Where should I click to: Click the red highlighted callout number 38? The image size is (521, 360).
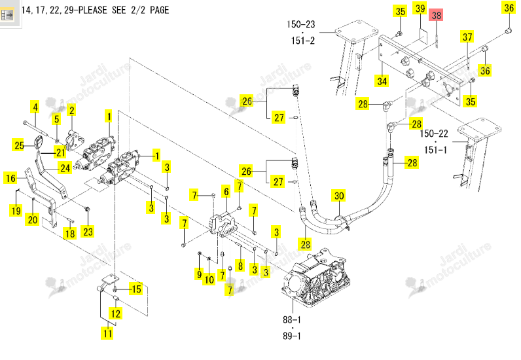pyautogui.click(x=437, y=15)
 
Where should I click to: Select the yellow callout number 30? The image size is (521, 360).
pyautogui.click(x=339, y=196)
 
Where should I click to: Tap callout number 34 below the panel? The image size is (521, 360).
pyautogui.click(x=382, y=81)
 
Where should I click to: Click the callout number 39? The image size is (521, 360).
pyautogui.click(x=420, y=9)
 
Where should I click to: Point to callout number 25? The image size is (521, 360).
pyautogui.click(x=19, y=145)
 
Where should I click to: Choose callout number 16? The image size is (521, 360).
pyautogui.click(x=10, y=178)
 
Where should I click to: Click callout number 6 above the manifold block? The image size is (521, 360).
pyautogui.click(x=226, y=192)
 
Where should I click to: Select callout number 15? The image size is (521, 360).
pyautogui.click(x=137, y=289)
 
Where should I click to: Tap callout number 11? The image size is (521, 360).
pyautogui.click(x=107, y=333)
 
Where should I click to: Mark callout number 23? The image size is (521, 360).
pyautogui.click(x=88, y=231)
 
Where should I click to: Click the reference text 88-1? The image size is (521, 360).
pyautogui.click(x=292, y=320)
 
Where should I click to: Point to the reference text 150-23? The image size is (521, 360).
pyautogui.click(x=300, y=24)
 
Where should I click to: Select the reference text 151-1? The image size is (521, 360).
pyautogui.click(x=436, y=150)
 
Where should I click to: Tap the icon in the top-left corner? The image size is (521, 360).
pyautogui.click(x=7, y=14)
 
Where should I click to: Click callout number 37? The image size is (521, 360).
pyautogui.click(x=467, y=37)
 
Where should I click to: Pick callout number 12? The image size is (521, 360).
pyautogui.click(x=115, y=314)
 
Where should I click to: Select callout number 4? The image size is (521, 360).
pyautogui.click(x=35, y=107)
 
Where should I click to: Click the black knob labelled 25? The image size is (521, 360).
pyautogui.click(x=39, y=141)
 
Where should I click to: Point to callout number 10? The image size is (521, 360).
pyautogui.click(x=209, y=279)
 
